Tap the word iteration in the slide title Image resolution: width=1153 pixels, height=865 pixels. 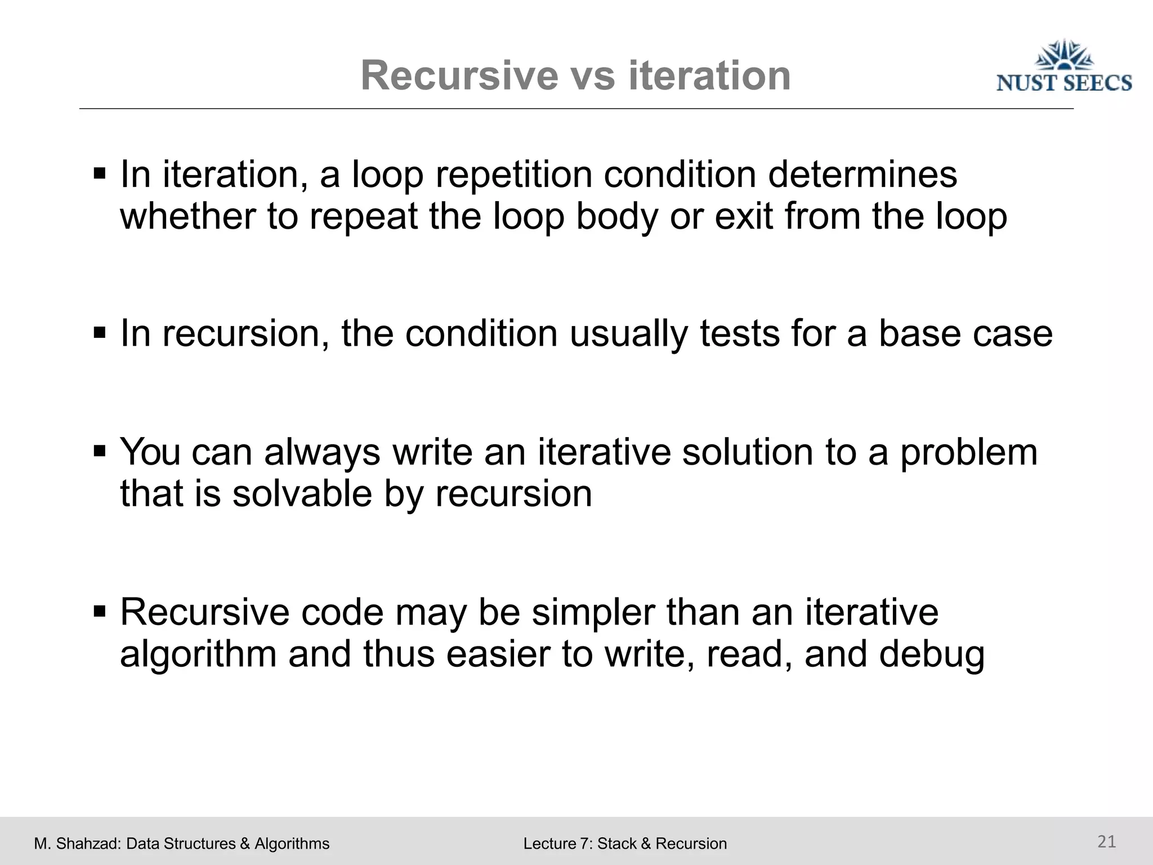tap(709, 75)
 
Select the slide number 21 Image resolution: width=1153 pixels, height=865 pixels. tap(1107, 841)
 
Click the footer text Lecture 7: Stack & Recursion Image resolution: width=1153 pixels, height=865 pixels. tap(625, 844)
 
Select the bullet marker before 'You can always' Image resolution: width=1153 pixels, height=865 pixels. tap(100, 451)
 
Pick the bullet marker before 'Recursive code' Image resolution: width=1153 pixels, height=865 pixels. tap(100, 610)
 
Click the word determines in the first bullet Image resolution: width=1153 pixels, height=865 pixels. tap(862, 175)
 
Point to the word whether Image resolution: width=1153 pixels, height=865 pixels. tap(187, 217)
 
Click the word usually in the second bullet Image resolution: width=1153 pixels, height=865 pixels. tap(629, 333)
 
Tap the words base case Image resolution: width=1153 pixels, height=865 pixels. tap(965, 333)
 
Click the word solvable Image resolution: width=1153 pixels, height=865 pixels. tap(302, 494)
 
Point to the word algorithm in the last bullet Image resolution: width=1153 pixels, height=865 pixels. tap(198, 655)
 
